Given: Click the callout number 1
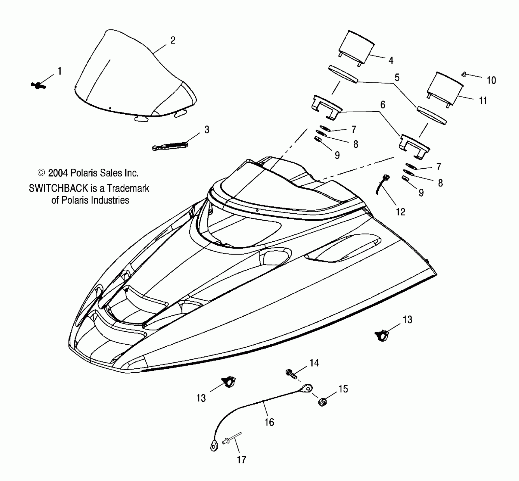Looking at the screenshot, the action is point(59,71).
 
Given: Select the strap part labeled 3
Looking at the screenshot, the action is point(170,146).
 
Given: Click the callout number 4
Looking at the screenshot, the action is point(391,61).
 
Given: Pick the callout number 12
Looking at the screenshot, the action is point(400,212).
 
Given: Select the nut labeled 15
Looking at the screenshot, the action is point(322,401).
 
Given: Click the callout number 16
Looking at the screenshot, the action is point(269,422).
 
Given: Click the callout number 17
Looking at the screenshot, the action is point(241,460).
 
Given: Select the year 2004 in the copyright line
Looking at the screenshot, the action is point(58,173).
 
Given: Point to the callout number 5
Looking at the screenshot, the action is point(397,78).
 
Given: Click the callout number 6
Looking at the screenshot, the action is point(383,105).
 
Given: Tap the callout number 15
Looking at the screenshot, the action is point(343,389).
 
